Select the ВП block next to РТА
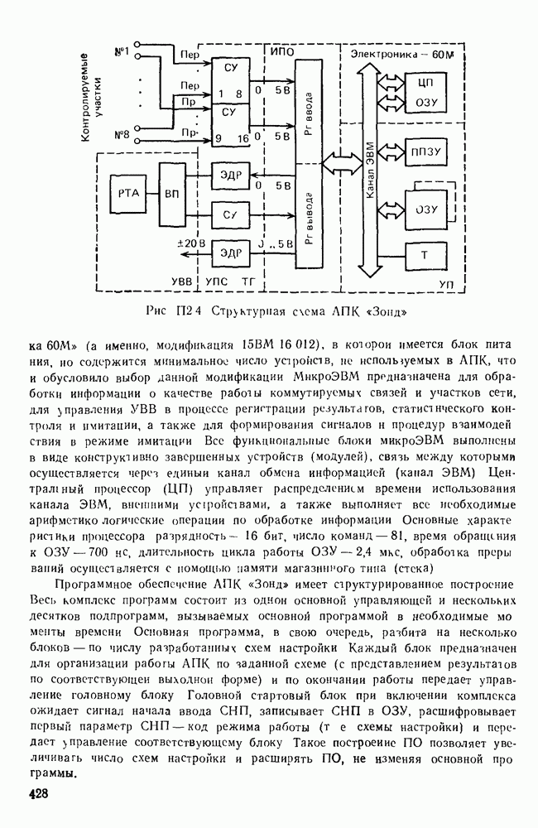pyautogui.click(x=171, y=193)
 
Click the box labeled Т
pyautogui.click(x=424, y=253)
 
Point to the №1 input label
pyautogui.click(x=120, y=53)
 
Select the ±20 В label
pyautogui.click(x=190, y=243)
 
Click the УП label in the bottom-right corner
pyautogui.click(x=447, y=284)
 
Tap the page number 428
pyautogui.click(x=36, y=795)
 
